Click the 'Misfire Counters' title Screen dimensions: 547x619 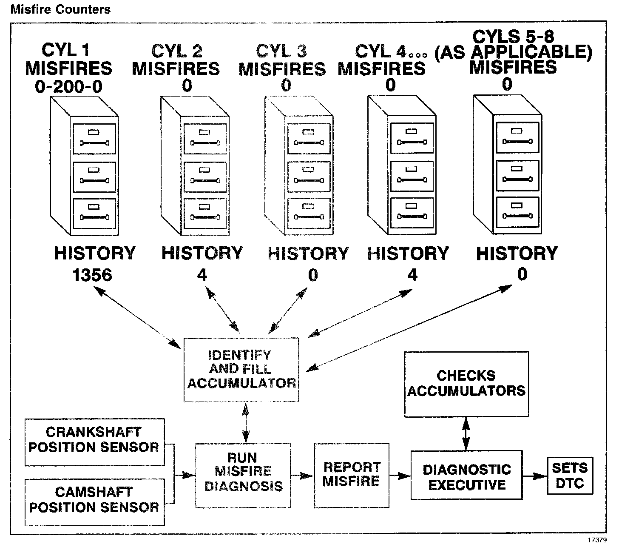pos(60,9)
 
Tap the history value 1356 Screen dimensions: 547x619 pos(92,275)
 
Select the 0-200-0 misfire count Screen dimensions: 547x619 pos(68,87)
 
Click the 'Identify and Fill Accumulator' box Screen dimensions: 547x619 pos(241,369)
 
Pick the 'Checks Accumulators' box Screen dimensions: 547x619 pos(466,384)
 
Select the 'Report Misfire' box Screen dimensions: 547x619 pos(351,475)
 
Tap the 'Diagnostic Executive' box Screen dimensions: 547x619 pos(466,475)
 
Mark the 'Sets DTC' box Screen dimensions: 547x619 pos(570,476)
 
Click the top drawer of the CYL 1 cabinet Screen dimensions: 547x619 pos(94,139)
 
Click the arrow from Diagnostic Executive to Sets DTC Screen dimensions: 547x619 pos(535,476)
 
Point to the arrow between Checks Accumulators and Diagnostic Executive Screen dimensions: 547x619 pos(466,433)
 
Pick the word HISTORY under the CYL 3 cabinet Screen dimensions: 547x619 pos(308,254)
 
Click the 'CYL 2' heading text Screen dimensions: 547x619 pos(176,51)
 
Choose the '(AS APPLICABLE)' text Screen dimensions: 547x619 pos(513,52)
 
